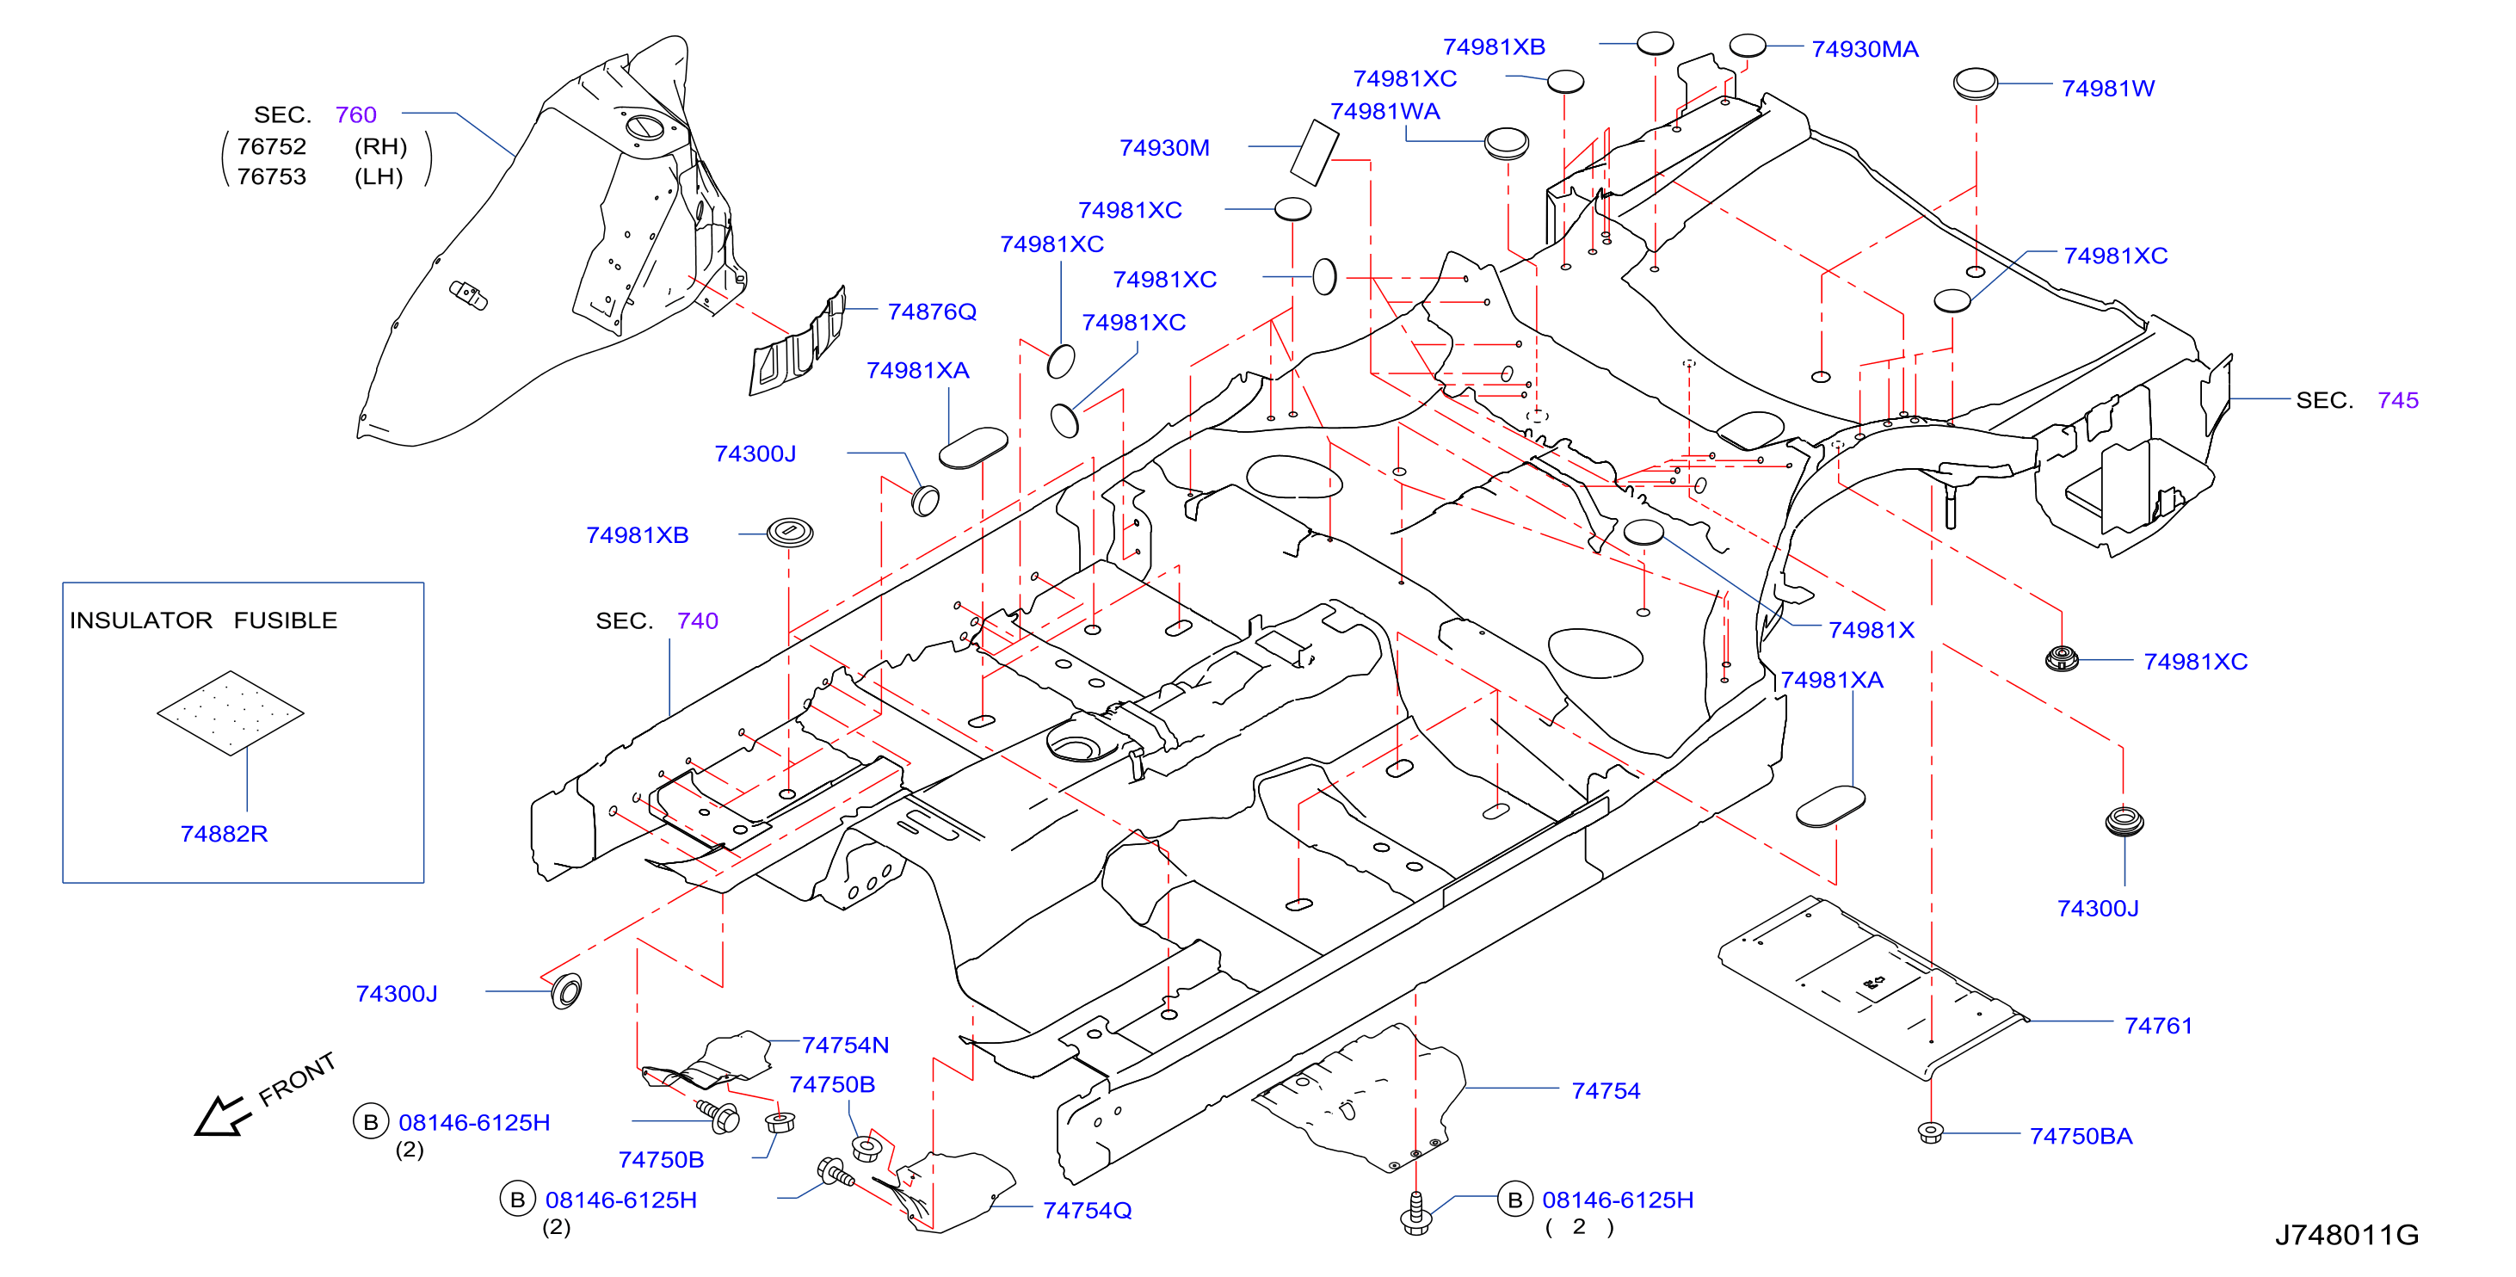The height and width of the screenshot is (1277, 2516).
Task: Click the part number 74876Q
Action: point(931,312)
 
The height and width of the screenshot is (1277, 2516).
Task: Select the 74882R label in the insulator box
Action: point(224,834)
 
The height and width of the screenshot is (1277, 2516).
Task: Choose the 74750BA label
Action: point(2081,1136)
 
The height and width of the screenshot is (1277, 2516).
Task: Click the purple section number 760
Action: point(355,115)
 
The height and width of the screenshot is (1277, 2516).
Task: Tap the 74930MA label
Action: point(1865,49)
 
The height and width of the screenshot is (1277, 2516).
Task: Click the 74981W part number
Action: point(2108,88)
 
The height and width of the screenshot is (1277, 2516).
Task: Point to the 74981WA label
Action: point(1385,111)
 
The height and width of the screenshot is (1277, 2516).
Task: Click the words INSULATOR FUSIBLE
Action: point(203,620)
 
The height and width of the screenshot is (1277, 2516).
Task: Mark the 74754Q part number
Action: point(1087,1211)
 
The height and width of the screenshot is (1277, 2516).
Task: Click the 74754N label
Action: point(845,1046)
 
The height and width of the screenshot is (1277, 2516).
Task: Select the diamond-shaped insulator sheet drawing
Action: point(231,713)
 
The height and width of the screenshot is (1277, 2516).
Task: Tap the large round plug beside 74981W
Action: point(1975,83)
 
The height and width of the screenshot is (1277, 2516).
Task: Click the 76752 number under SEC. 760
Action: point(272,146)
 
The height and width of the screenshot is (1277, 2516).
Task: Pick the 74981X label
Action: point(1871,630)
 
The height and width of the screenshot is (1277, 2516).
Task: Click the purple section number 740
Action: point(697,621)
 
